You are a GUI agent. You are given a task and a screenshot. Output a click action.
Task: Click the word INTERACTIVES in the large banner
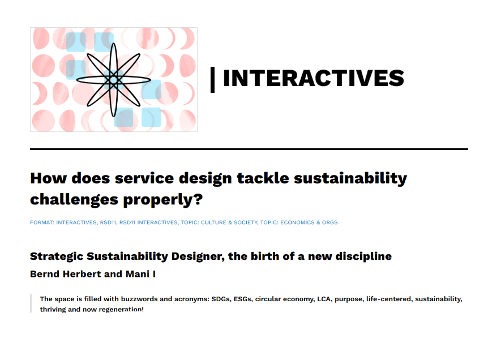[314, 78]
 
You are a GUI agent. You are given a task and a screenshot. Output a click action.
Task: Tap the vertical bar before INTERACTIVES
[212, 80]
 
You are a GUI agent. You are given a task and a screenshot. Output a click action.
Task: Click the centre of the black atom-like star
[113, 80]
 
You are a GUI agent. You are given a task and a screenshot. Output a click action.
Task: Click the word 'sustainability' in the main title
[350, 178]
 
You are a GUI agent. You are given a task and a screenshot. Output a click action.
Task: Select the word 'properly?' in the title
[163, 200]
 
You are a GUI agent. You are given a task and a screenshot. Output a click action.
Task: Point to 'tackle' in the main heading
[263, 178]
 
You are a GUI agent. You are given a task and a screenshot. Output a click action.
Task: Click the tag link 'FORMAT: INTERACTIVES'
[63, 222]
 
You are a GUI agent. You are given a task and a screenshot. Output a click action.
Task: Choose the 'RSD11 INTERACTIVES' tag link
[148, 222]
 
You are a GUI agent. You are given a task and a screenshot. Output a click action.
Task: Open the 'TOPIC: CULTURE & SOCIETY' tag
[219, 222]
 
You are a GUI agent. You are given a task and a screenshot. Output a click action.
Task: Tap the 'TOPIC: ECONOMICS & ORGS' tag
[299, 222]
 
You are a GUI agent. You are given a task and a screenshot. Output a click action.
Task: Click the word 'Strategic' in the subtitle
[57, 256]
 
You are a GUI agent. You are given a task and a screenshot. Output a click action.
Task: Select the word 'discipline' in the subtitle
[363, 256]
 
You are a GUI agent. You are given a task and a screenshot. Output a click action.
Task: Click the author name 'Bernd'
[45, 274]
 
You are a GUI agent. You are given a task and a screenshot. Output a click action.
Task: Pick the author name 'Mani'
[138, 274]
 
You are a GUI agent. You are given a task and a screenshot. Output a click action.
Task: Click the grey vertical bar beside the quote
[31, 303]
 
